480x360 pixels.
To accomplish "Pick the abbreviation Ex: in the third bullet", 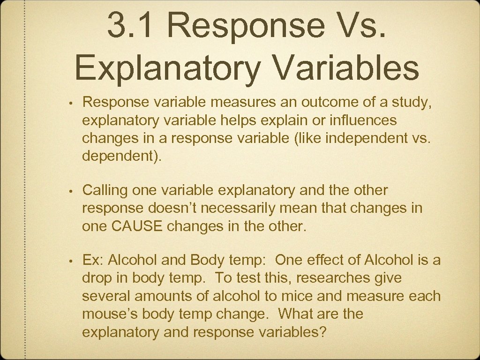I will point(92,260).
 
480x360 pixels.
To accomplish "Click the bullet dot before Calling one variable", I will point(69,191).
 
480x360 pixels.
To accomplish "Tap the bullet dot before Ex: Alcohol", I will point(69,260).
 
